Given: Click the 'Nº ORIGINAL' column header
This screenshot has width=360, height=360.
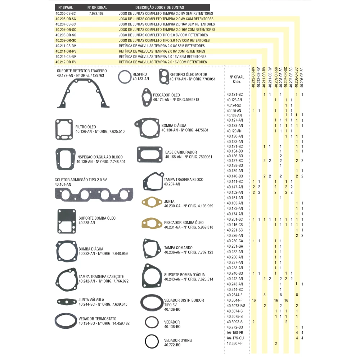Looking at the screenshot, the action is pos(97,7).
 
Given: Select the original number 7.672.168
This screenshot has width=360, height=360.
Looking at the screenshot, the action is pos(96,14).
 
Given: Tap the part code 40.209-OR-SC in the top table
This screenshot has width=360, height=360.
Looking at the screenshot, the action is pos(66,40).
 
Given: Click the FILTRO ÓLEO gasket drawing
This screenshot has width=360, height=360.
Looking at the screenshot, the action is pos(56,129).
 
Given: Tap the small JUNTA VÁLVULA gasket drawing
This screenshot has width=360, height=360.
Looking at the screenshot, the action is pos(67,302).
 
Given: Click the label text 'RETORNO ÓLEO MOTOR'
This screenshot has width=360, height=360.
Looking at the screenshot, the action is pos(188,75).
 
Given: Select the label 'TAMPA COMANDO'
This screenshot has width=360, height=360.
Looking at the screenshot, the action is pos(178,248).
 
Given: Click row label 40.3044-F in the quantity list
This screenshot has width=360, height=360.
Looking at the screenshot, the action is pos(234,300).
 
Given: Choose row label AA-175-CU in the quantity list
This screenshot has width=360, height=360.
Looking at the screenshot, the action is pos(235,338).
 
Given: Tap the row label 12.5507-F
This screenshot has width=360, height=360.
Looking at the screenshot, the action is pos(234,343).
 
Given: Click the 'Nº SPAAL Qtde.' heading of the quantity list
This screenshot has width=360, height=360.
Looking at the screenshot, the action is pos(237,79).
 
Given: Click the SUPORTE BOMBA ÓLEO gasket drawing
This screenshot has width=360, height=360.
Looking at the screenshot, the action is pos(58,221).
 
